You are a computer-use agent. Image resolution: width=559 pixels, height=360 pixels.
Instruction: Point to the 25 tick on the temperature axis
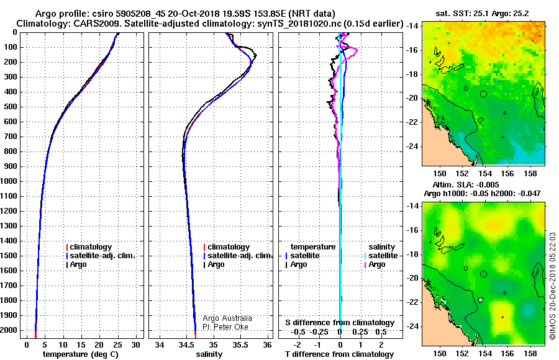117,345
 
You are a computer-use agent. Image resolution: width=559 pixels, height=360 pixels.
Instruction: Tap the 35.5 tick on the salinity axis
240,345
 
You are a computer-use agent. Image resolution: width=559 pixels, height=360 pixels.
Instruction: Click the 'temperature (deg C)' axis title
81,354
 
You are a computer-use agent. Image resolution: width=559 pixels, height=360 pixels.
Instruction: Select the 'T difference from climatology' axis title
339,354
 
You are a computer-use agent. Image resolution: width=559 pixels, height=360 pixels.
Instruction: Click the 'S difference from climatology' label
340,323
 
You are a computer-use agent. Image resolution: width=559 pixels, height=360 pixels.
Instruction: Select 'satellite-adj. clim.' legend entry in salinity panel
238,256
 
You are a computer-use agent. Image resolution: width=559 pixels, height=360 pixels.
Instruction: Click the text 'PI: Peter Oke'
225,327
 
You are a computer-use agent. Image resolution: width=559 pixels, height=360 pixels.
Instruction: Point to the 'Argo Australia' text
227,318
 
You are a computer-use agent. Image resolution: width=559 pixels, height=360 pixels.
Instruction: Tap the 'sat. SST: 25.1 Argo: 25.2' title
483,14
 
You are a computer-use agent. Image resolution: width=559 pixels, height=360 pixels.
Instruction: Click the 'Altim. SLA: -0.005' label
466,184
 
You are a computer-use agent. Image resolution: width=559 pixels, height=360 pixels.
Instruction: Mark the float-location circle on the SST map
483,94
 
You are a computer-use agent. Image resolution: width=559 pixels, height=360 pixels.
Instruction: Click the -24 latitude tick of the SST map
412,146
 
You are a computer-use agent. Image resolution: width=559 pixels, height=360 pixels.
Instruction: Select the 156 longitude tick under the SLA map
507,353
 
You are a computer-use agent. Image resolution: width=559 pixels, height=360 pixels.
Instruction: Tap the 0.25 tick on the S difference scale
360,332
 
